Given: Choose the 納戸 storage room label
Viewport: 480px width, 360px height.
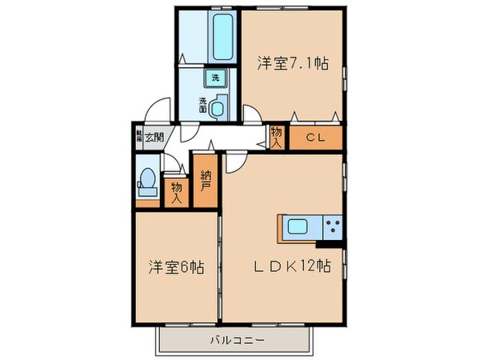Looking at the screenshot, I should click(205, 185).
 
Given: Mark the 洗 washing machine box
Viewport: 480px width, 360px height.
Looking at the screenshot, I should click(215, 78).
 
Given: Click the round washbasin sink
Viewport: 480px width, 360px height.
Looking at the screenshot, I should click(220, 103).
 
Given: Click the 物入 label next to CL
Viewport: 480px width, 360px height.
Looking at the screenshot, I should click(277, 138).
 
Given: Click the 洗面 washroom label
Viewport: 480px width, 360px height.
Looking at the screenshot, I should click(203, 104).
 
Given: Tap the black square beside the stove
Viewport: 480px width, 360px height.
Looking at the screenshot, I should click(331, 238).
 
